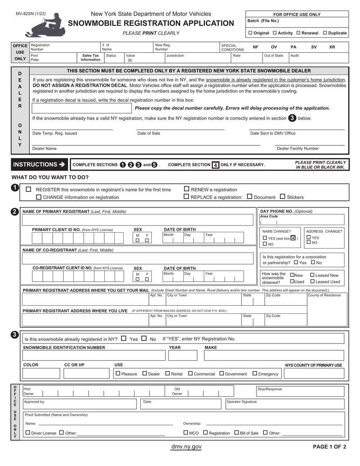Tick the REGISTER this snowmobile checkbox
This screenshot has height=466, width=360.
point(29,190)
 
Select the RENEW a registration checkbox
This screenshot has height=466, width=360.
point(186,190)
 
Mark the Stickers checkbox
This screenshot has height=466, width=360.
point(283,197)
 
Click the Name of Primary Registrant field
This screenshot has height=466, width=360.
point(139,220)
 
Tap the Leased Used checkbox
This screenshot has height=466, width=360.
point(312,281)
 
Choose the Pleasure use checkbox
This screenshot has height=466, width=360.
point(118,373)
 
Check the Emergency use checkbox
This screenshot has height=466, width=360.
point(255,373)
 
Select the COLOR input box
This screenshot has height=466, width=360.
point(41,373)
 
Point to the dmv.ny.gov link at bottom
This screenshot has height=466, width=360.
point(186,447)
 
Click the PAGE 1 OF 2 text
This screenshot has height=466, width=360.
point(329,447)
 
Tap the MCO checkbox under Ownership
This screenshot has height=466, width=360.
point(186,433)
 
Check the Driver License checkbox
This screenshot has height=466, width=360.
point(28,433)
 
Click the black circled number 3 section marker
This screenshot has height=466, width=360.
point(14,335)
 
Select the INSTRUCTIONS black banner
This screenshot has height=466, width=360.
point(39,164)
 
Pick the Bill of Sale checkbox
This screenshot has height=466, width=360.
point(236,433)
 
